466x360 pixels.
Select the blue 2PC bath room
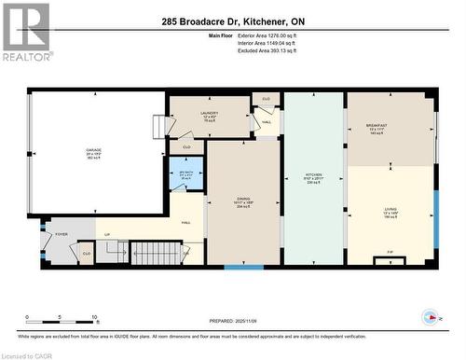tap(185, 174)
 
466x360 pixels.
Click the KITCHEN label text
tap(313, 175)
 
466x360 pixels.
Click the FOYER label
tap(62, 234)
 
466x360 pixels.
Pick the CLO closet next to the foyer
tap(87, 253)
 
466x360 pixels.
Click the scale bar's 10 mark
tap(94, 317)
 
